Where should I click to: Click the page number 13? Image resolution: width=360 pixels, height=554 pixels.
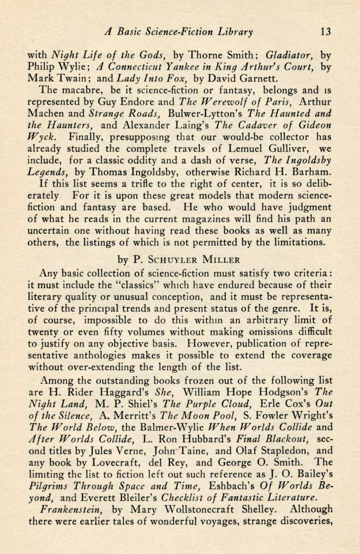(325, 32)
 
